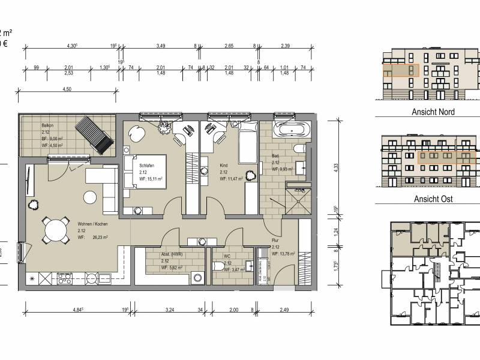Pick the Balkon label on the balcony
pos(47,125)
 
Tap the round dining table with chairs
pos(54,229)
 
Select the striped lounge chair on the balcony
pos(96,136)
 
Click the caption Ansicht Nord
pos(433,112)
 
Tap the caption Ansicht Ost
pos(433,199)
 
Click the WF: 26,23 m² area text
pos(92,238)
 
